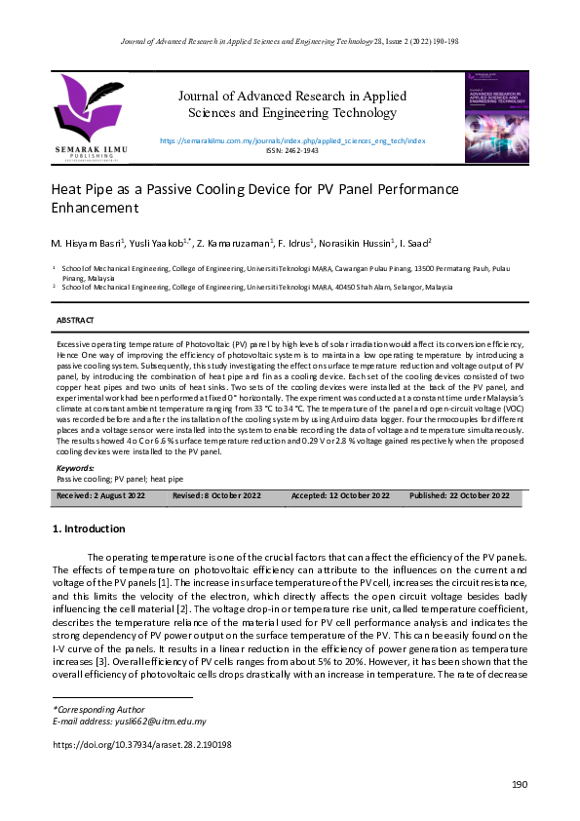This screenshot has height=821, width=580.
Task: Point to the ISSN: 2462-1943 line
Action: tap(291, 151)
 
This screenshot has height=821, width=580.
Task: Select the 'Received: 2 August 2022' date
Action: tap(101, 496)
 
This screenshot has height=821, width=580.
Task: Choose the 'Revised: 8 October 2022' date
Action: tap(216, 496)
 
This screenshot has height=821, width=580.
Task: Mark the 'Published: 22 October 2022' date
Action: tap(459, 496)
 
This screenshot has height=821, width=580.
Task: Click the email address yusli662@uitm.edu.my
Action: tap(158, 722)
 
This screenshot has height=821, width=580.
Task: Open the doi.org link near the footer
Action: tap(128, 743)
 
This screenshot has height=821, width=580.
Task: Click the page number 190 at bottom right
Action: tap(520, 785)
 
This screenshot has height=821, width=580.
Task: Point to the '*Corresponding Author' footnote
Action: tap(97, 709)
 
